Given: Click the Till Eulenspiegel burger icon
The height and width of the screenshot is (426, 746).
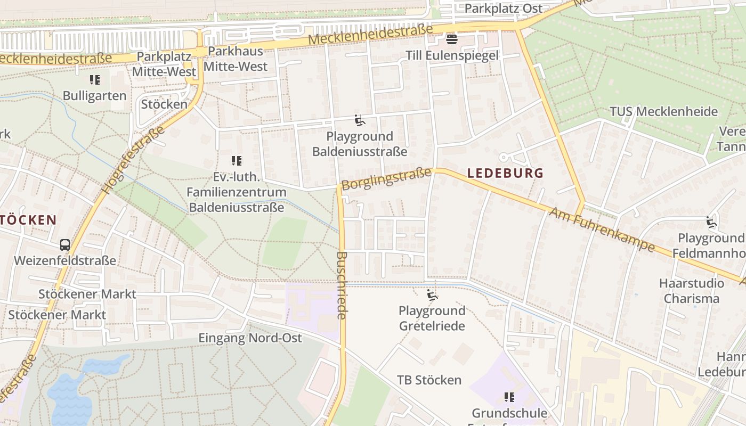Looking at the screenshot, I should (452, 39).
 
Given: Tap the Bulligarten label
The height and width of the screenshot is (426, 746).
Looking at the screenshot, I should (94, 96).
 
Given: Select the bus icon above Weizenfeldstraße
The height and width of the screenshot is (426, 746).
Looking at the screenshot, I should (65, 245).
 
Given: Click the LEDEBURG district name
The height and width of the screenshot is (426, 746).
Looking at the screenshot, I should (505, 173).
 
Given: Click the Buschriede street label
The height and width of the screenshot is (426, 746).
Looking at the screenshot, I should (342, 285).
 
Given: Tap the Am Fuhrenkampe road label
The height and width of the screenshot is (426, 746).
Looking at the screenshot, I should (602, 230).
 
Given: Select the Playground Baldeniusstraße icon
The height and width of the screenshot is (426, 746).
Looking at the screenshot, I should (360, 121).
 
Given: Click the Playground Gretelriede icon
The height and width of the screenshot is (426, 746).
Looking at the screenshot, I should (432, 295).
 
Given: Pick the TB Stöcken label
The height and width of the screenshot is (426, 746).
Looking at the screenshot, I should (429, 380).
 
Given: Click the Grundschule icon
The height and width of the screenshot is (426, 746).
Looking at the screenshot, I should (509, 397).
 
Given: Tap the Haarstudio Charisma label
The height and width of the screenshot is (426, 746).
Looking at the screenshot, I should (692, 291).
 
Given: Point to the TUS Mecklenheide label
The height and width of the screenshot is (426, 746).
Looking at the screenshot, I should (663, 112).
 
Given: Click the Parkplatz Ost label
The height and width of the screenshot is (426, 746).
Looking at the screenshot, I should (503, 9).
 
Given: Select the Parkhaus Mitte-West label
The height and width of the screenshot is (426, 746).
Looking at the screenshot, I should (236, 59).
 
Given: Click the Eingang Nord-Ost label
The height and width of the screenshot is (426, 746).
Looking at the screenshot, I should (250, 338).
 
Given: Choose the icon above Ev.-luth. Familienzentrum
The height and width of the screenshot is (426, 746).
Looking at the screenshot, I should (236, 161).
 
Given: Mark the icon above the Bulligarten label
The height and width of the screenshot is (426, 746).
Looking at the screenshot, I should (94, 80).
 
